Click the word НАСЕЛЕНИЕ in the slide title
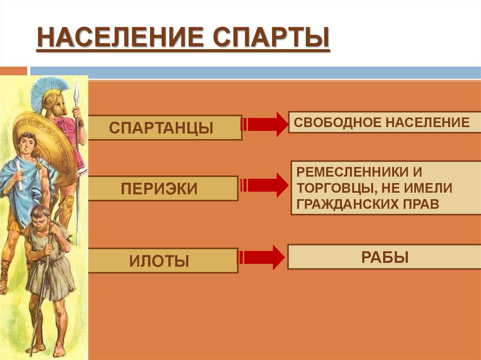coord(120,39)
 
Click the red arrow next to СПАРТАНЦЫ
coord(264,124)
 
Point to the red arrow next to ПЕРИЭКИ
coord(264,185)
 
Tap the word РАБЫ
coord(384,257)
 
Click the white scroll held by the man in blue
coord(19,173)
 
